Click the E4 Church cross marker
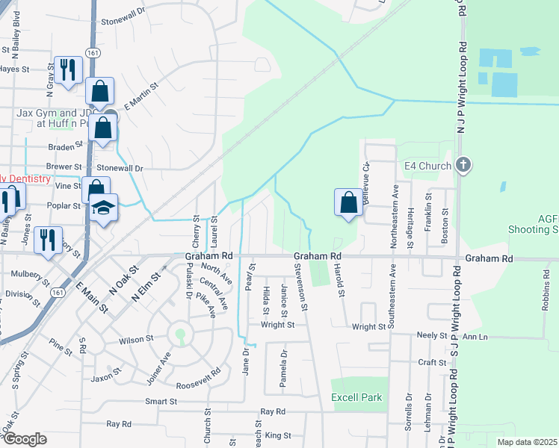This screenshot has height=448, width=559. (463, 165)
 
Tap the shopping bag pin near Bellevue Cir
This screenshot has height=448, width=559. (348, 202)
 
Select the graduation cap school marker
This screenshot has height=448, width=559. (105, 208)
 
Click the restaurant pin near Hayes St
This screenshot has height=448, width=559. (68, 70)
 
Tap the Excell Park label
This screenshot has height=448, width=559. (356, 398)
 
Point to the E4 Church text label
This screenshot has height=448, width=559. (427, 166)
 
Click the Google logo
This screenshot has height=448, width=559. (24, 439)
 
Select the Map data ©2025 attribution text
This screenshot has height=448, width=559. (527, 442)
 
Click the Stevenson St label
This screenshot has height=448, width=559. (304, 287)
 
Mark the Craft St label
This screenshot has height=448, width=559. (432, 362)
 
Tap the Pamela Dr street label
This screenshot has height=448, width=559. (283, 370)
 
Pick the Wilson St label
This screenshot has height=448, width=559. (136, 339)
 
